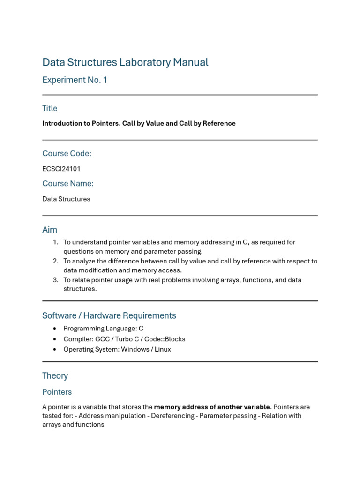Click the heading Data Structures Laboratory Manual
[125, 62]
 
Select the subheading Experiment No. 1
[75, 80]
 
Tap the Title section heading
[50, 108]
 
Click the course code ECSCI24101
[61, 169]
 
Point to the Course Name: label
[68, 184]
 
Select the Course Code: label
[67, 154]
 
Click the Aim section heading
[50, 230]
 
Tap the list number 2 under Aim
[56, 261]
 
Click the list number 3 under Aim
[56, 280]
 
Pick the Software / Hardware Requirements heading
[109, 315]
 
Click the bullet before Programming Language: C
[55, 329]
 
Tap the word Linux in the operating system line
[161, 349]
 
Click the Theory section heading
[55, 376]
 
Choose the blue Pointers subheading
[57, 392]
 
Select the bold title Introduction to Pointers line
[139, 123]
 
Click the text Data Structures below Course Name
[66, 199]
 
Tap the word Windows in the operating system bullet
[135, 349]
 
